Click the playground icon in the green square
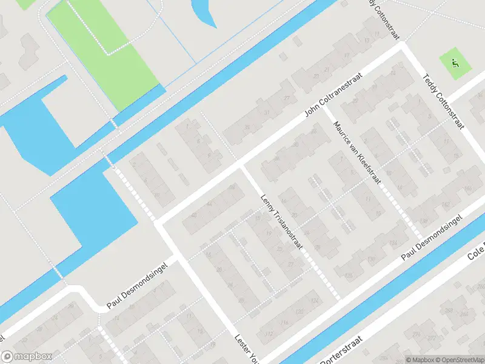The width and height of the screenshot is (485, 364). pos(456,62)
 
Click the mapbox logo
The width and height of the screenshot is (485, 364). pos(27,357)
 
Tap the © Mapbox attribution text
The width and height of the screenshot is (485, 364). pos(420,360)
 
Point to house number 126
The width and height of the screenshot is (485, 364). pos(349,275)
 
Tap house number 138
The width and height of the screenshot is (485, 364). pos(424,220)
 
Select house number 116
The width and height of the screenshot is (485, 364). pos(284,323)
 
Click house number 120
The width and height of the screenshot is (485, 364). pos(299,311)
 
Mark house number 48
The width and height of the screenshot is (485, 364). pos(194,214)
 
